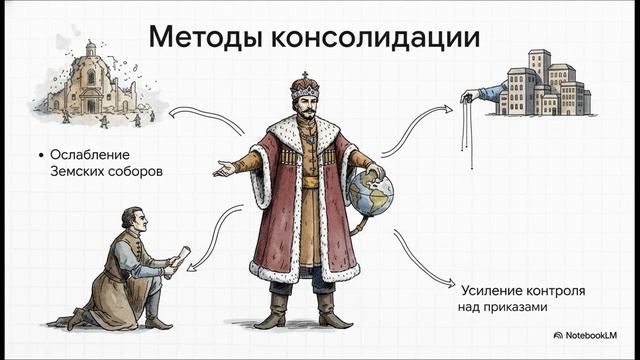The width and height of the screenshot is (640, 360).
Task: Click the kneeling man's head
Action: (130, 217)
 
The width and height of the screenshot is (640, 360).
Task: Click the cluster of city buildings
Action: (544, 82)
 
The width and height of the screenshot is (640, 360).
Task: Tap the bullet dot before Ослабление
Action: (39, 155)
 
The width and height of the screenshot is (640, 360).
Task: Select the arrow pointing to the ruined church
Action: (204, 119)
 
